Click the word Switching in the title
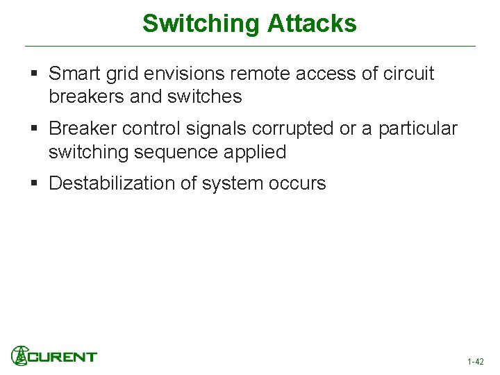(201, 24)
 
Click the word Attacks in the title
(310, 24)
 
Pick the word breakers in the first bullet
(87, 97)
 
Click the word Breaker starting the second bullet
(83, 129)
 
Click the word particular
(417, 129)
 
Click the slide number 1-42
(476, 361)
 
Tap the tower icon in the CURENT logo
(19, 356)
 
